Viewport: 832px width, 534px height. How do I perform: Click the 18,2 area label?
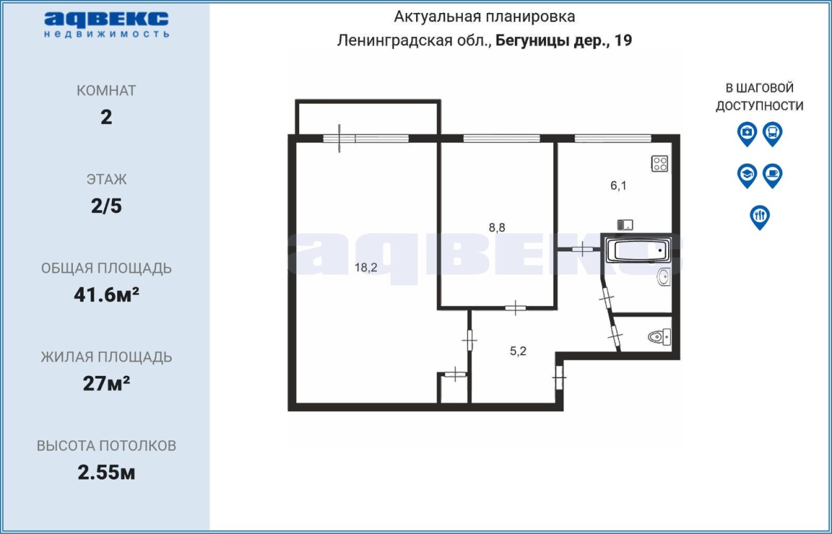[366, 268]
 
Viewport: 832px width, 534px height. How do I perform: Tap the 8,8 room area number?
[497, 227]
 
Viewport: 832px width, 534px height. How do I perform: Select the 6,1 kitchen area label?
[618, 185]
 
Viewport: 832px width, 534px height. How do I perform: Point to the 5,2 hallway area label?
[518, 351]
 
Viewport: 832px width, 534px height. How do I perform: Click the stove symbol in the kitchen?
[660, 164]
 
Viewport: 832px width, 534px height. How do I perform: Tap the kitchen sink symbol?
[625, 225]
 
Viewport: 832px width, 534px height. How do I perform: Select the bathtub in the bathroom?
[638, 250]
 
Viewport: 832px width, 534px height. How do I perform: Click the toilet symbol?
[659, 337]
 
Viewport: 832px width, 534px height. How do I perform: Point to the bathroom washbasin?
[664, 277]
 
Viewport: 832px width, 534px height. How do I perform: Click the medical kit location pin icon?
[747, 134]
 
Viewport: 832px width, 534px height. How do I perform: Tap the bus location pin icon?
[773, 134]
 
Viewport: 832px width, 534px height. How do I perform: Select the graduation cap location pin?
[747, 175]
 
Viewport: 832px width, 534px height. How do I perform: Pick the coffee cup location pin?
[773, 175]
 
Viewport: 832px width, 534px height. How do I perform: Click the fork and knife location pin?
[760, 217]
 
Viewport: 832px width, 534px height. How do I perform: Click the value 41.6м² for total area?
[107, 295]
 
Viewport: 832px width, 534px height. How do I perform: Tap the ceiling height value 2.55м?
[106, 473]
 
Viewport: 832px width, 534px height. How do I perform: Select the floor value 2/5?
[106, 206]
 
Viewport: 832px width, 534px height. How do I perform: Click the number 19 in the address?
[623, 40]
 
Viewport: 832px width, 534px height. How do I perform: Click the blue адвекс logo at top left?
[107, 25]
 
